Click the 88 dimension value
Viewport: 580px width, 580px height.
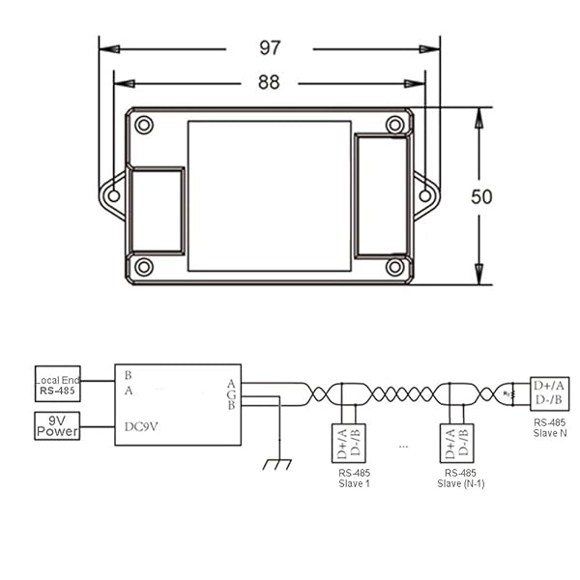click(269, 83)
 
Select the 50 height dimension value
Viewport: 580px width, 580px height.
click(481, 196)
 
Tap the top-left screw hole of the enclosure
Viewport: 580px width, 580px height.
click(144, 125)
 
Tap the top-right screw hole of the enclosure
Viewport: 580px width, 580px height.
click(394, 125)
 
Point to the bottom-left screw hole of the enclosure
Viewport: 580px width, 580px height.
click(144, 267)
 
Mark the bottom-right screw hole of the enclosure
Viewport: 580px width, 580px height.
click(394, 267)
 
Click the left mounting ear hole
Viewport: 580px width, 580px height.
click(113, 196)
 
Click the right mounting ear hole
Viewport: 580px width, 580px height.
click(425, 196)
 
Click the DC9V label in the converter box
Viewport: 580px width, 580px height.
click(142, 426)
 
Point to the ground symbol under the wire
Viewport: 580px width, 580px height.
click(277, 465)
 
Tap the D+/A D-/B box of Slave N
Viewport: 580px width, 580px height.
click(550, 392)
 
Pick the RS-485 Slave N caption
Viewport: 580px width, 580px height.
click(550, 428)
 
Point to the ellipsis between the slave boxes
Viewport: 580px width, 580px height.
click(403, 447)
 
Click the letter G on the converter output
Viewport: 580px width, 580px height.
click(231, 394)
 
